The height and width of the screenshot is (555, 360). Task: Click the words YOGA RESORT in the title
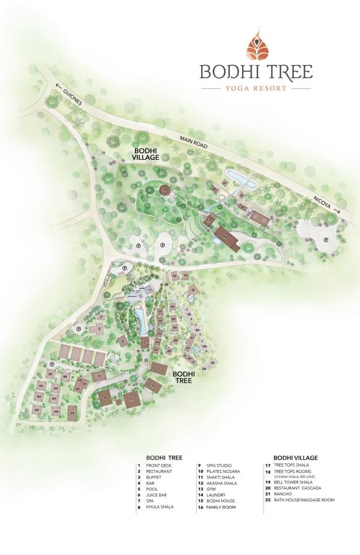pos(255,88)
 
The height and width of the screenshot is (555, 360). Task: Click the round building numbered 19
pos(164,190)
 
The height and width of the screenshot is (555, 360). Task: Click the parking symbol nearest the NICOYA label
pos(326,240)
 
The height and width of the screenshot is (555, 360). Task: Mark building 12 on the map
pos(106,398)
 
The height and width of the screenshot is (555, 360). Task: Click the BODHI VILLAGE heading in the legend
pos(295,457)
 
